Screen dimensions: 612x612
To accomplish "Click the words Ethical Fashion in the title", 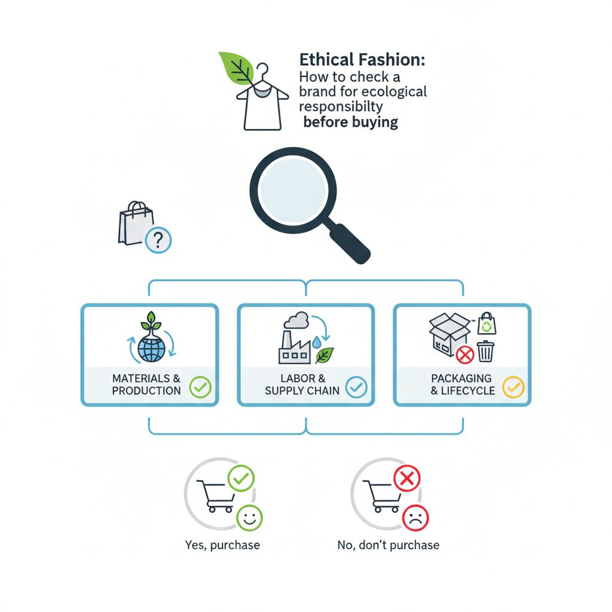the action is pyautogui.click(x=362, y=60).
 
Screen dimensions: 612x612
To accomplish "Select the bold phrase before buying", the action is pyautogui.click(x=350, y=122).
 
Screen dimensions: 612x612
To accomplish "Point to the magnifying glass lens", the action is pyautogui.click(x=293, y=190).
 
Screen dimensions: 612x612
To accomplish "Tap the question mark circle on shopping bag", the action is pyautogui.click(x=158, y=240).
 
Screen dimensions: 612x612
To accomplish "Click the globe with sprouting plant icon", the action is pyautogui.click(x=152, y=338).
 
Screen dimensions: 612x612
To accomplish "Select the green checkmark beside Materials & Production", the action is pyautogui.click(x=200, y=387).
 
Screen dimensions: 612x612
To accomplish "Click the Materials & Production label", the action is pyautogui.click(x=146, y=384).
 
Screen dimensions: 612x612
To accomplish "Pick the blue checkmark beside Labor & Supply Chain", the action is pyautogui.click(x=356, y=387).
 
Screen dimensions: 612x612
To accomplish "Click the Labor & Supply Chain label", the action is pyautogui.click(x=302, y=384).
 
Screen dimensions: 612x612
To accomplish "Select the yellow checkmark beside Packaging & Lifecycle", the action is pyautogui.click(x=513, y=387).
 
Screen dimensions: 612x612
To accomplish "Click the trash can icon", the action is pyautogui.click(x=485, y=351).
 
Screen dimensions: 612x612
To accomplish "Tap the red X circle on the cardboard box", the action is pyautogui.click(x=465, y=355).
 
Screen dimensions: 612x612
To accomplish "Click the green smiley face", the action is pyautogui.click(x=249, y=518).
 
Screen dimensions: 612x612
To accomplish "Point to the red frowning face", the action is pyautogui.click(x=416, y=518).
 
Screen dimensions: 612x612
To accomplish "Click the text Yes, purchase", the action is pyautogui.click(x=222, y=545).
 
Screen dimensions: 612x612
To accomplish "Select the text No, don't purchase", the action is pyautogui.click(x=388, y=545).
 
